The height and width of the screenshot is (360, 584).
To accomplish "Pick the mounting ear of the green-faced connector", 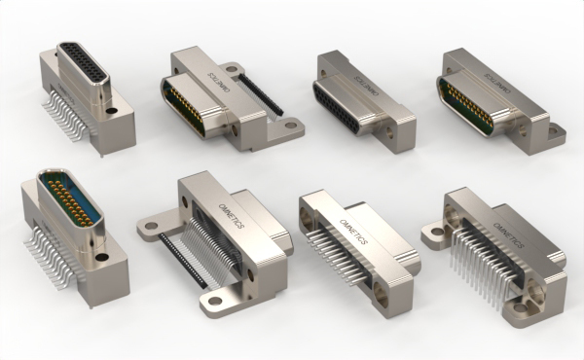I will [555, 130].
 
